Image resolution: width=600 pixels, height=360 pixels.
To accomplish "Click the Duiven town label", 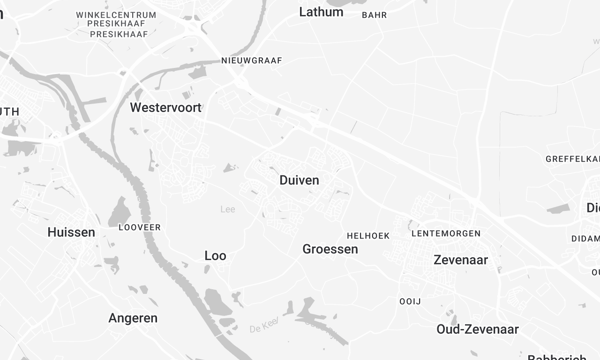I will coord(299,180).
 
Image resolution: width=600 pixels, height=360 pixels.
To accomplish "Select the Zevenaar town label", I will coord(460,259).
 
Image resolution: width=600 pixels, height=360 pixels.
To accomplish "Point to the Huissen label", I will coord(71,232).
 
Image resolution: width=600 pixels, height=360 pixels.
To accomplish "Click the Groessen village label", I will coord(330,249).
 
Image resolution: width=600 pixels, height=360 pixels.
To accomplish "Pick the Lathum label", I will coord(321,12).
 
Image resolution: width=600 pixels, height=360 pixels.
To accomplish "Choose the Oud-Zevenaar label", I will coord(477,329).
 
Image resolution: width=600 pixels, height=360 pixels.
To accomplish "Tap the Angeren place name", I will coord(132,318).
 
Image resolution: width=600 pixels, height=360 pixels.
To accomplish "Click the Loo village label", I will coord(215,256).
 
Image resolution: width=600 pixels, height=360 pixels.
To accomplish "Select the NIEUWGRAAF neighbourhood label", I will coord(252,60).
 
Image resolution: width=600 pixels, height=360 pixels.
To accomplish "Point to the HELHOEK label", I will coord(367,235).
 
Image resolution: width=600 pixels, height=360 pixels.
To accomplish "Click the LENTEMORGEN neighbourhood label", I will coord(446,233).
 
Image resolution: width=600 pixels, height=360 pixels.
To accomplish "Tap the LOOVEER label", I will coord(139,228).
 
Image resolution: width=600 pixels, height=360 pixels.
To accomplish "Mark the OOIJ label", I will coord(410,301).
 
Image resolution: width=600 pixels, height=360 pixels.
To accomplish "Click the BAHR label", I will coord(374,15).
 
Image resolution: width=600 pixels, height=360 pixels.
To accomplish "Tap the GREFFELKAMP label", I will coord(573,159).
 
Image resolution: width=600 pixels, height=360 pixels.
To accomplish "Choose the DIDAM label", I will coord(585,239).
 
